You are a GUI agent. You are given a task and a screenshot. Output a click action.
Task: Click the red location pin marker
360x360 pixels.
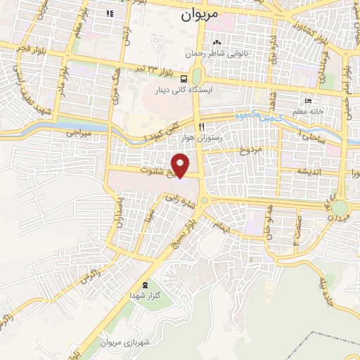pos(181,166)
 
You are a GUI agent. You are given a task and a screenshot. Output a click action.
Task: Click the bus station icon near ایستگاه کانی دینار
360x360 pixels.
pos(183,79)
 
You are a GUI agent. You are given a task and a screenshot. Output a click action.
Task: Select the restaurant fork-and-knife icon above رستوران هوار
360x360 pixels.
pos(201,127)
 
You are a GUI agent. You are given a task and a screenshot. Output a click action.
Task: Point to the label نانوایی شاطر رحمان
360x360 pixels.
pos(218,53)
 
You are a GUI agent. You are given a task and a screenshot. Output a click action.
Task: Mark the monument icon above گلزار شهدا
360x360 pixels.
pos(146,284)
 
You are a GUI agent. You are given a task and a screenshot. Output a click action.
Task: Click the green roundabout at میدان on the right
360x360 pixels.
pos(340,209)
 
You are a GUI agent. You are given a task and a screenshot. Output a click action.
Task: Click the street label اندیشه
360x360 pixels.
pos(309,171)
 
